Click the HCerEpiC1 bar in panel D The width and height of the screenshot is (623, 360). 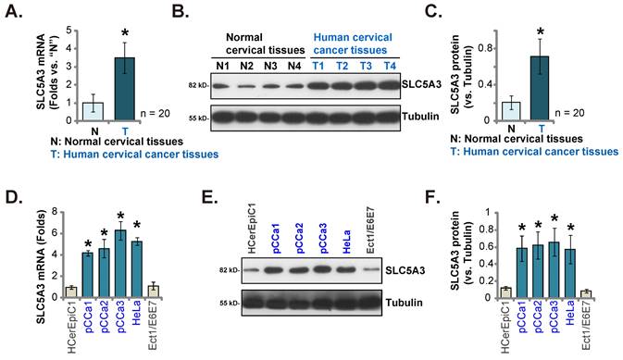click(x=69, y=292)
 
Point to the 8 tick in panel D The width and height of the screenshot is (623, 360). click(x=52, y=210)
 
